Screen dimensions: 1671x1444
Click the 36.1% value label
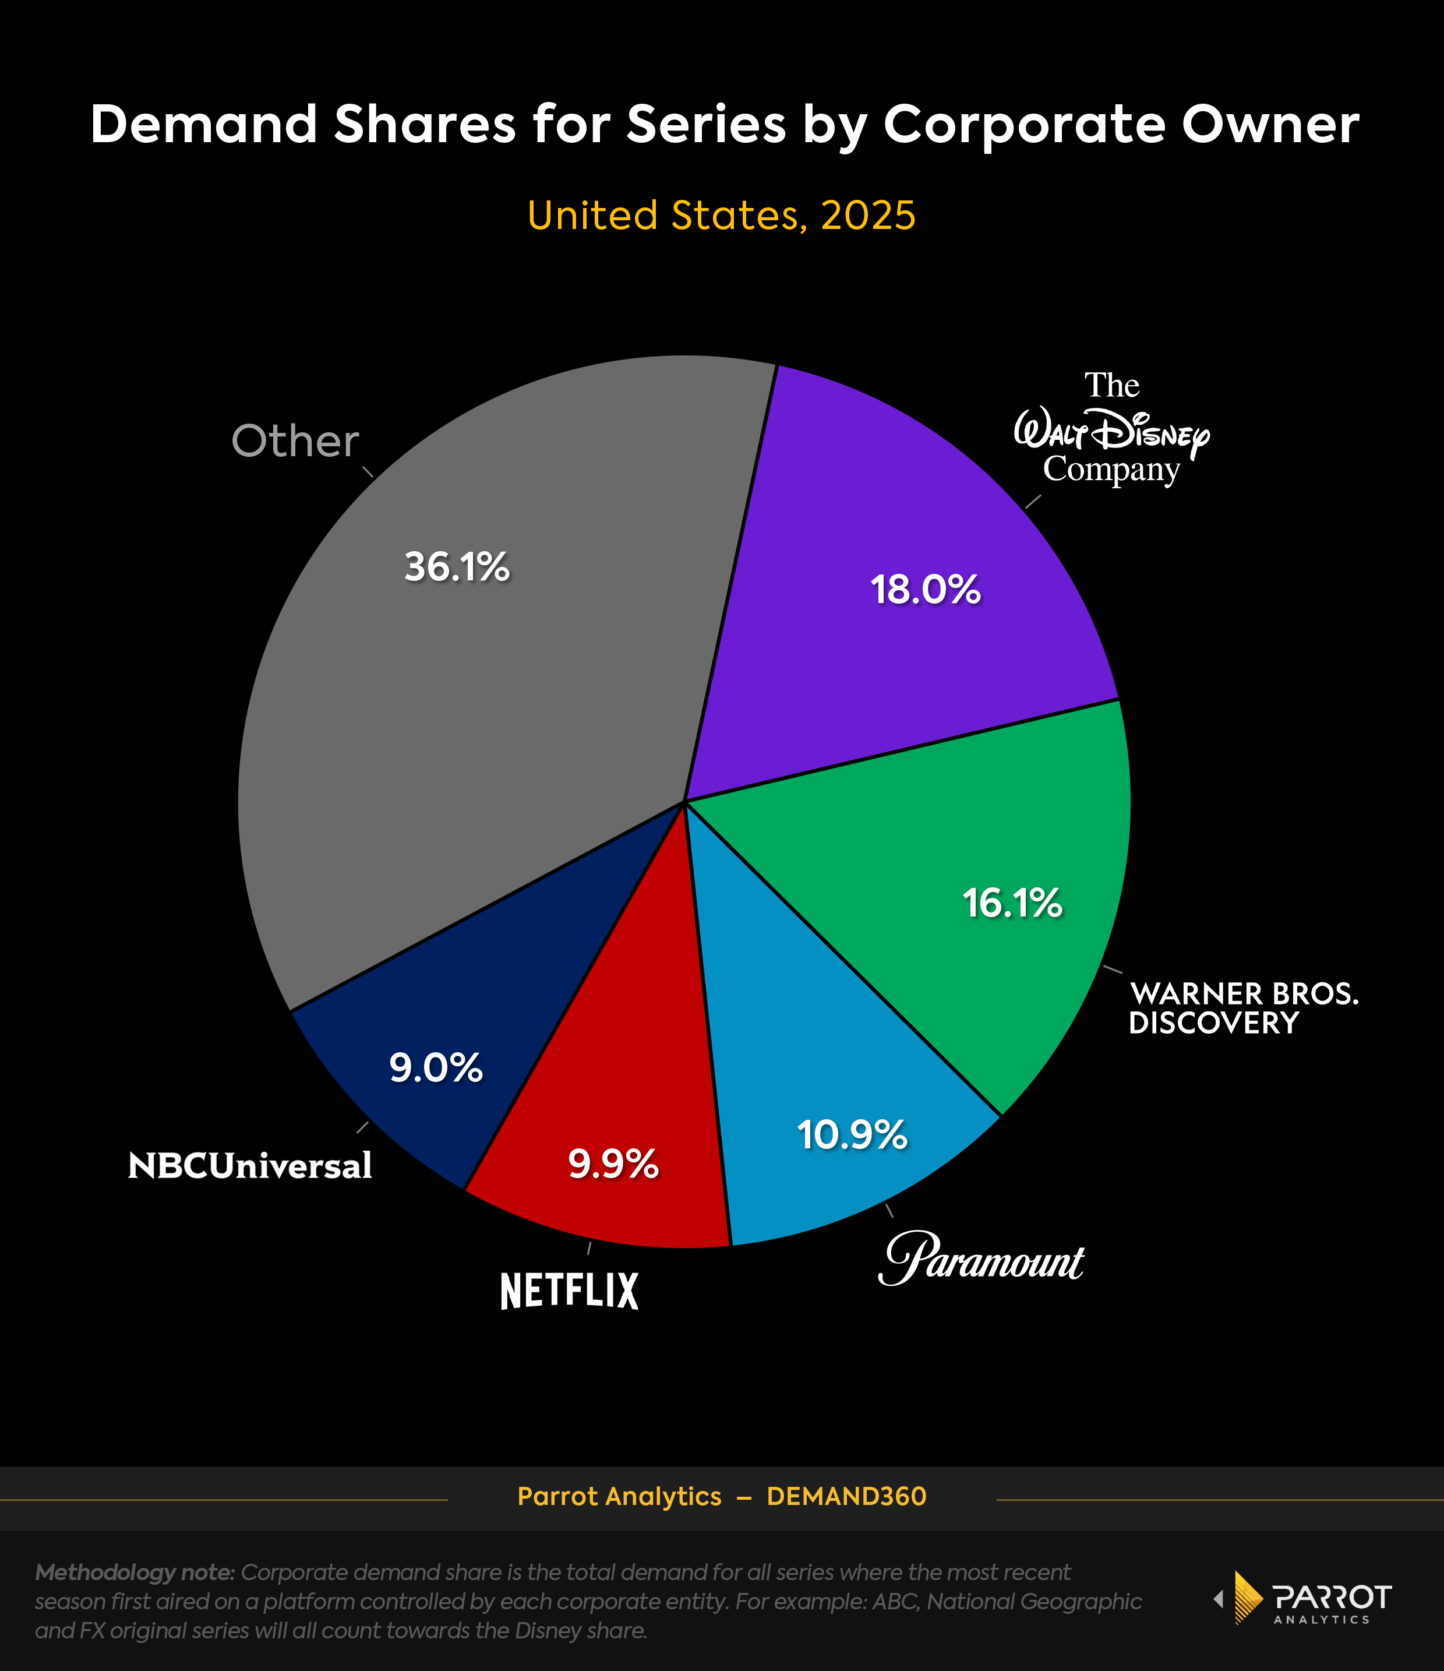pos(457,566)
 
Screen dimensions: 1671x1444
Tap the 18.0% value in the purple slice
pos(926,590)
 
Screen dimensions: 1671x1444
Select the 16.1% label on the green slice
pos(1012,903)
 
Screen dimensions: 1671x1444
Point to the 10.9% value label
pos(852,1135)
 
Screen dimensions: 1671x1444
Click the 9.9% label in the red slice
pos(613,1164)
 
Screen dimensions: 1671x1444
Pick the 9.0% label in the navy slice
pos(436,1068)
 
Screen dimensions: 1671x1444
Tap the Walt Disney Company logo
pos(1112,429)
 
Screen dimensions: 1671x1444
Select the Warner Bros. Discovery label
pos(1243,1008)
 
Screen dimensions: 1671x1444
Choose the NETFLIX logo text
pos(569,1291)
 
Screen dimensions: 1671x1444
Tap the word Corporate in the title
pos(1024,125)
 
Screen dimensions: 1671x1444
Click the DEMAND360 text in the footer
pos(846,1497)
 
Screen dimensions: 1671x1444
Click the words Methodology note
pos(135,1572)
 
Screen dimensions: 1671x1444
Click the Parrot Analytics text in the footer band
pos(619,1497)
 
